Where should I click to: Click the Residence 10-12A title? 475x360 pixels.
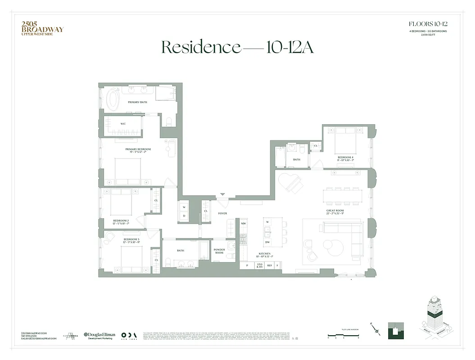(237, 47)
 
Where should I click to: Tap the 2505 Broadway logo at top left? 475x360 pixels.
(42, 29)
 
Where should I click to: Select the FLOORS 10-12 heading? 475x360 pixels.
(428, 24)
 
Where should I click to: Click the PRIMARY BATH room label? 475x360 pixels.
(137, 102)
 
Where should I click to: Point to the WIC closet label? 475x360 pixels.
(123, 124)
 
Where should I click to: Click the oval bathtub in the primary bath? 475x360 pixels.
(113, 99)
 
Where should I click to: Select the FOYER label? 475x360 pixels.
(222, 213)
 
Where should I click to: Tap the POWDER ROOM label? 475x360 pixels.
(219, 251)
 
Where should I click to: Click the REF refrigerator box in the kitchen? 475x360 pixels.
(269, 266)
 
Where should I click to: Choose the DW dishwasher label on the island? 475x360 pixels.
(267, 243)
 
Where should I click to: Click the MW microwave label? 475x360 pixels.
(243, 223)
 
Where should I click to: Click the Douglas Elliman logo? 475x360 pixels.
(100, 336)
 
